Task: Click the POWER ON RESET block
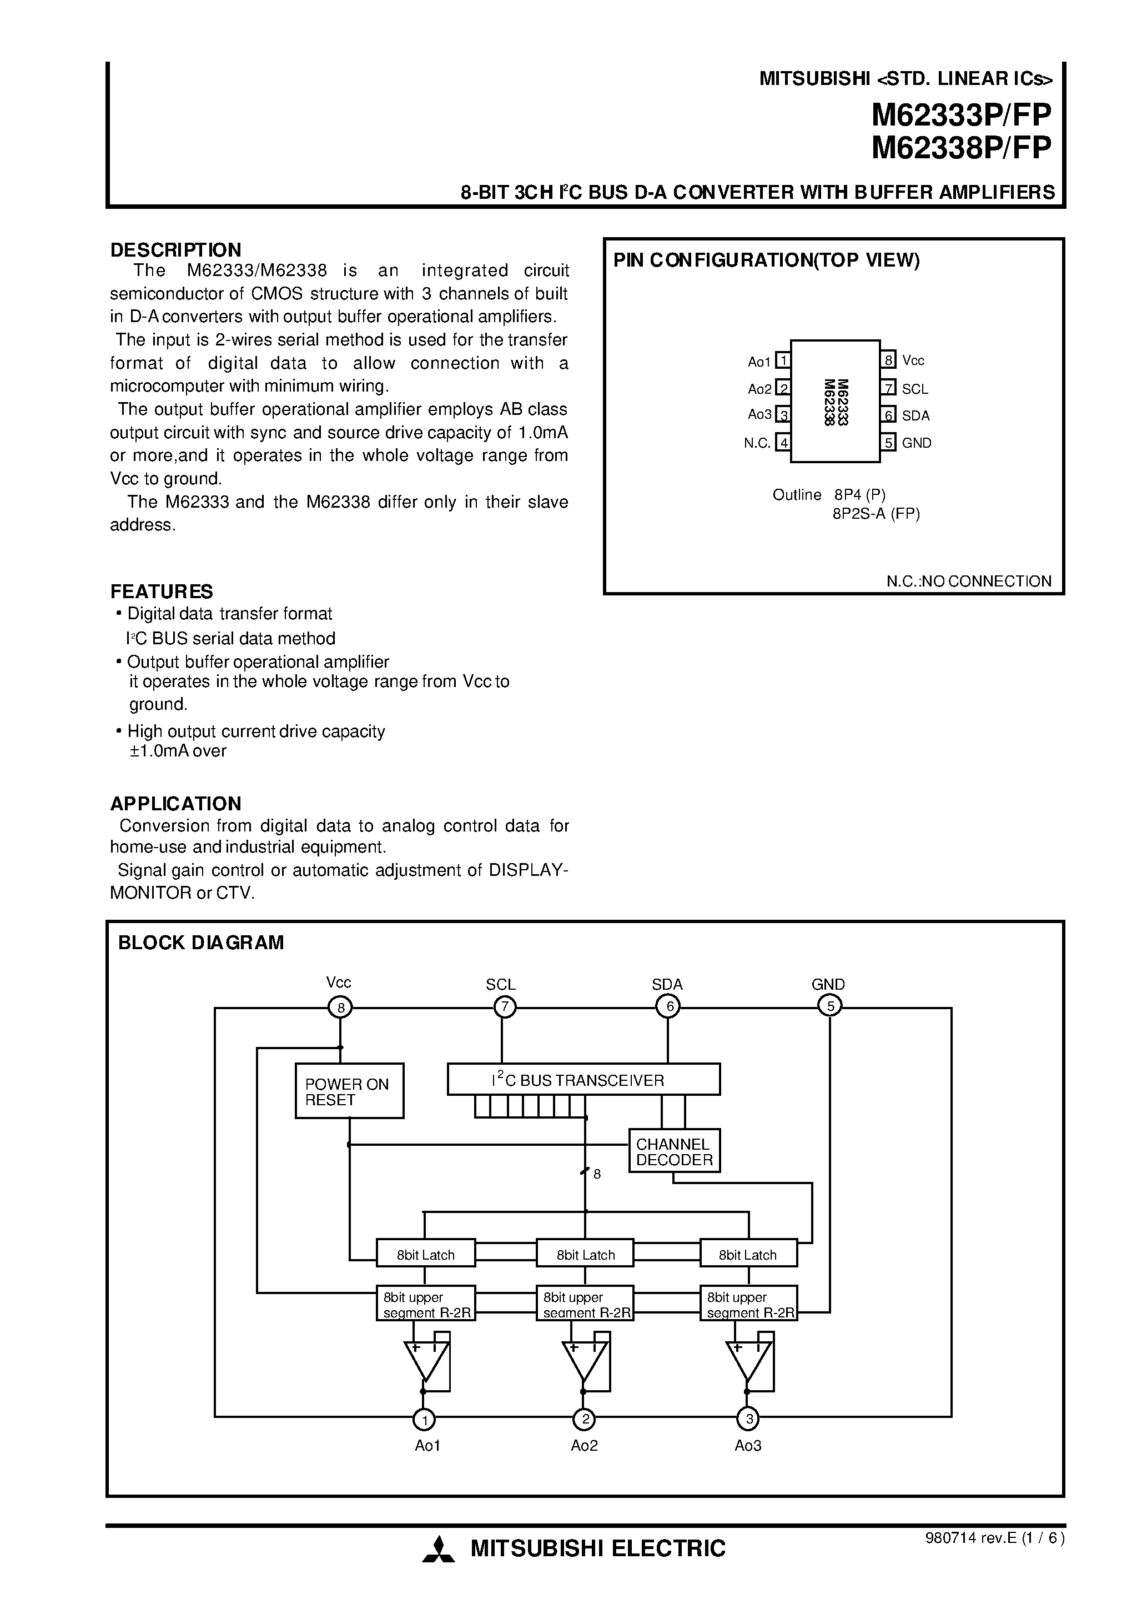tap(349, 1091)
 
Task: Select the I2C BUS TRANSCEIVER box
tap(583, 1079)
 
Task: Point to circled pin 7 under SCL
tap(504, 1006)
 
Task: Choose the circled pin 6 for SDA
tap(667, 1006)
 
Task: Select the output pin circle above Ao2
tap(584, 1419)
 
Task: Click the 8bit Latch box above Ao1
tap(425, 1255)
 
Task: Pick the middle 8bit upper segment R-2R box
tap(585, 1304)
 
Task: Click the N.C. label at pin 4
tap(757, 443)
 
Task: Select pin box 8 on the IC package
tap(889, 360)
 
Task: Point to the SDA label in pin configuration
tap(915, 416)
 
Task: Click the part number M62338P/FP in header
tap(961, 148)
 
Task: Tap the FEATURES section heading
tap(161, 592)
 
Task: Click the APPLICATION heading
tap(175, 804)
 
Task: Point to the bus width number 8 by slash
tap(597, 1174)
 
